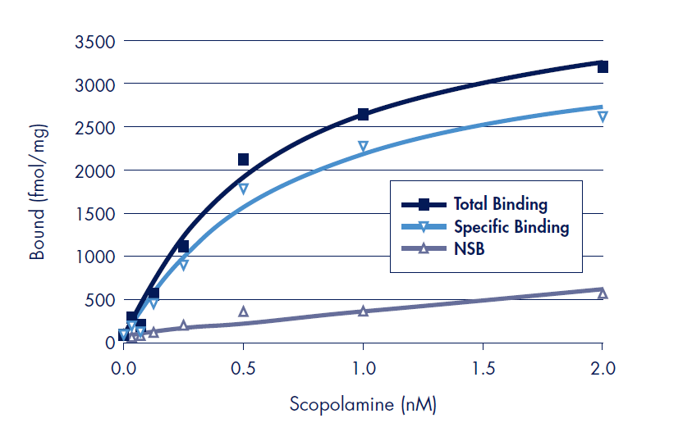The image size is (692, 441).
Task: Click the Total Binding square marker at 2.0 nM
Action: [x=603, y=66]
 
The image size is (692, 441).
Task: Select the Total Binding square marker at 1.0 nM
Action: [x=363, y=115]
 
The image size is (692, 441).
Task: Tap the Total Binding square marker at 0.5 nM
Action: [x=243, y=159]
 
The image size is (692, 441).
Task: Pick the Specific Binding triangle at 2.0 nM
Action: [x=603, y=116]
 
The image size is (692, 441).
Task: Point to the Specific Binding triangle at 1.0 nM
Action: [x=363, y=147]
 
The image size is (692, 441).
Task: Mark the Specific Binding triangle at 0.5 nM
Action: [x=243, y=189]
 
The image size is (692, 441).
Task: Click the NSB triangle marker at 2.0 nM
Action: [x=603, y=293]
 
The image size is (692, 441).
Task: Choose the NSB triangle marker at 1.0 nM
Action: [x=363, y=311]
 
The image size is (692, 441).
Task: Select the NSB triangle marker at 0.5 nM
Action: [x=243, y=311]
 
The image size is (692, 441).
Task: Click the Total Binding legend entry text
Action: [x=500, y=204]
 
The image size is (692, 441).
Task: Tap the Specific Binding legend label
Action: [x=511, y=226]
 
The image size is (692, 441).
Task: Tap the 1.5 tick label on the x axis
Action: [x=483, y=368]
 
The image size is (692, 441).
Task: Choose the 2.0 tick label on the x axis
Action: [x=603, y=368]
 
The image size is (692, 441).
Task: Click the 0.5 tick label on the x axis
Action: [x=243, y=368]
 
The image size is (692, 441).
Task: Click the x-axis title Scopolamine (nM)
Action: [x=363, y=404]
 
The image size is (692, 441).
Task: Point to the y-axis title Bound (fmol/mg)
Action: [x=38, y=192]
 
